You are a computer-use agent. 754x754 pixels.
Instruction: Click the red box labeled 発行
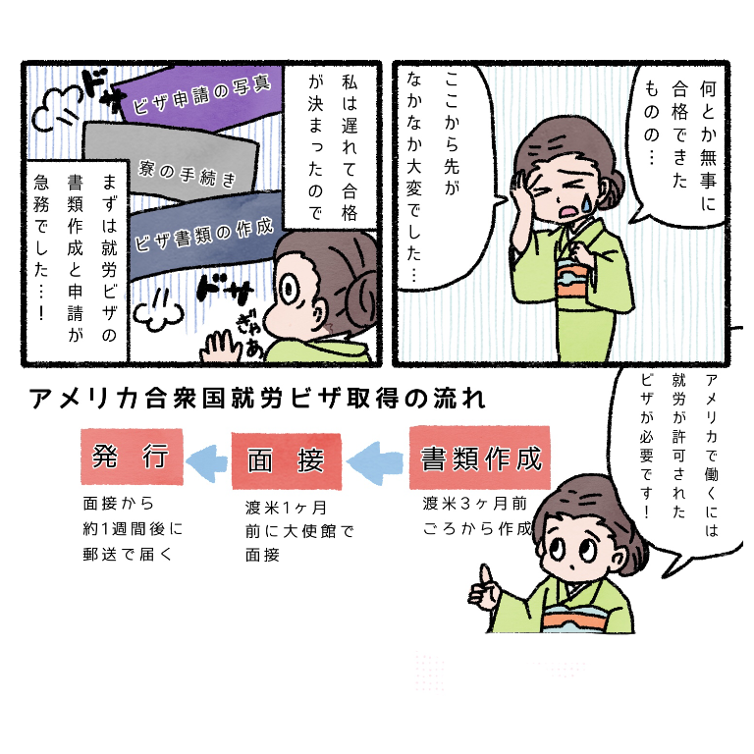point(132,457)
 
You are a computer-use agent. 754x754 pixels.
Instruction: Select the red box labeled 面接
point(287,460)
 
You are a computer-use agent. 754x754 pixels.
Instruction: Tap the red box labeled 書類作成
point(479,458)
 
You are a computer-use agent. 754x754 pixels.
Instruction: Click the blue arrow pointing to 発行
point(207,462)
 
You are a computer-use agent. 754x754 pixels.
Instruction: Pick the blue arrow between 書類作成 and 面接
point(375,462)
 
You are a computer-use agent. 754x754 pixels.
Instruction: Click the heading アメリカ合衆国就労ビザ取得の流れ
point(257,399)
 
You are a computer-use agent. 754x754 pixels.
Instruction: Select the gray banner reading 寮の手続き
point(173,161)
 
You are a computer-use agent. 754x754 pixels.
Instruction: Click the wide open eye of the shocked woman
point(290,290)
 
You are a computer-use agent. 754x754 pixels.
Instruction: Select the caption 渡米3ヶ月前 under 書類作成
point(474,503)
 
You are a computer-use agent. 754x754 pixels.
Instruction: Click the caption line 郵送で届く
point(127,555)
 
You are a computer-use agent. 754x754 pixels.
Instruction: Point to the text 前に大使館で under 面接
point(299,531)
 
